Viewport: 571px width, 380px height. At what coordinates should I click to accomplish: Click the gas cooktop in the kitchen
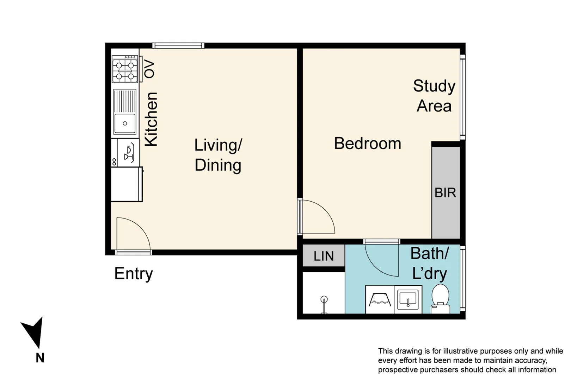125,70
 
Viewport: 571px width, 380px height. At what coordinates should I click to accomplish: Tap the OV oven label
149,69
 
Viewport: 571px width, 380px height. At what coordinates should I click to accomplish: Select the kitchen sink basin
125,123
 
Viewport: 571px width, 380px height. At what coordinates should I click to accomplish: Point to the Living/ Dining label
218,155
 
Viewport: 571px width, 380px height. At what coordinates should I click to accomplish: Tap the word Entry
134,274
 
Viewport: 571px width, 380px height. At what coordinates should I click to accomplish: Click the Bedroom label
367,144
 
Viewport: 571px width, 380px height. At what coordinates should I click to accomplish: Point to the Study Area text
434,96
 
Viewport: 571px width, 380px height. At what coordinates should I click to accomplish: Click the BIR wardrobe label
445,193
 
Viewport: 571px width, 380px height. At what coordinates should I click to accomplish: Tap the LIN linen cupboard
324,256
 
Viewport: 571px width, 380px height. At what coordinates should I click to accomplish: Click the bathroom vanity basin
408,299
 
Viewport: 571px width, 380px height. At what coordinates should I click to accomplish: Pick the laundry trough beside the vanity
380,300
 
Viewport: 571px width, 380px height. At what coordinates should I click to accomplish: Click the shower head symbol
324,300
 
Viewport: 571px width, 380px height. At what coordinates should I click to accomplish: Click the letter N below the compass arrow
40,358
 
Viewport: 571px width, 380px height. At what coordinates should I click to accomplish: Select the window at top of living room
178,45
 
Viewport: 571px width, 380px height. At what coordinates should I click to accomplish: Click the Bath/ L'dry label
429,263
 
